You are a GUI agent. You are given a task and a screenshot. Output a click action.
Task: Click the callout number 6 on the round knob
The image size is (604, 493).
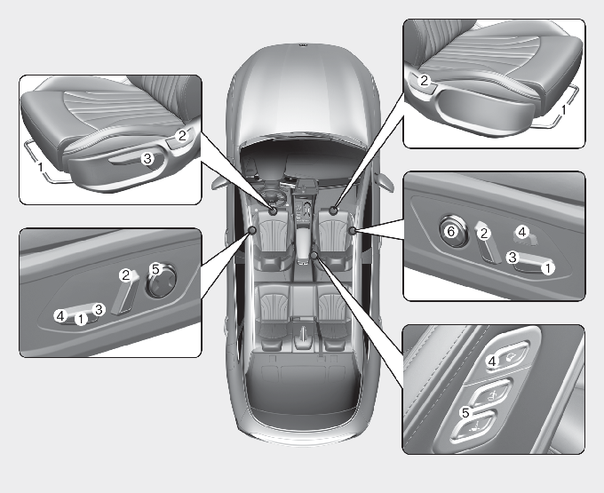click(x=451, y=232)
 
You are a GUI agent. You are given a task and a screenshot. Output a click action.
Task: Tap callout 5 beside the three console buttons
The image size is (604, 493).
click(x=465, y=413)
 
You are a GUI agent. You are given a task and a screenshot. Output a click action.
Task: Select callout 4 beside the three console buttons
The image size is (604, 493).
click(x=492, y=362)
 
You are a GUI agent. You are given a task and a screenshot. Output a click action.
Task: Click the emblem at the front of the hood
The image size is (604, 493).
click(x=303, y=45)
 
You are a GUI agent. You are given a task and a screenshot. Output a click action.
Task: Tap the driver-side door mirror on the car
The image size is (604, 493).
click(x=218, y=183)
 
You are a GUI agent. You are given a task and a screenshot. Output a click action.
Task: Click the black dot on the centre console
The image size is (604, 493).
click(x=314, y=255)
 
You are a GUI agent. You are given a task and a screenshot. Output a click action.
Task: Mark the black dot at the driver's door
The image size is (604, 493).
click(x=252, y=230)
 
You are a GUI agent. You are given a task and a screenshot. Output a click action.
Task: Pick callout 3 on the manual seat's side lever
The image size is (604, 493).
click(x=147, y=158)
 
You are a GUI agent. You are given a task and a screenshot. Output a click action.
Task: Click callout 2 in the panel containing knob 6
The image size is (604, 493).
click(x=484, y=233)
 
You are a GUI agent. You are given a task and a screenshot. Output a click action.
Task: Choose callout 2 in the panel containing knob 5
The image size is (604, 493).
click(x=125, y=275)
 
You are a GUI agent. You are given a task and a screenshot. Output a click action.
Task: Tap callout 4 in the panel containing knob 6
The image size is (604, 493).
click(x=522, y=232)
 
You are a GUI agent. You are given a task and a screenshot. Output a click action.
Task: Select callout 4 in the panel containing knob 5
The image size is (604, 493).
click(x=60, y=316)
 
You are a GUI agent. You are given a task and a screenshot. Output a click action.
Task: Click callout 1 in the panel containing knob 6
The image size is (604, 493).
click(x=548, y=267)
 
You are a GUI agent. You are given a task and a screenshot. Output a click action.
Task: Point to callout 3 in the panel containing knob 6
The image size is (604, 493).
click(x=513, y=257)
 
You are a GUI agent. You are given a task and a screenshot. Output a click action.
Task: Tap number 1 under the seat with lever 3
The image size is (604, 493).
click(x=41, y=167)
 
